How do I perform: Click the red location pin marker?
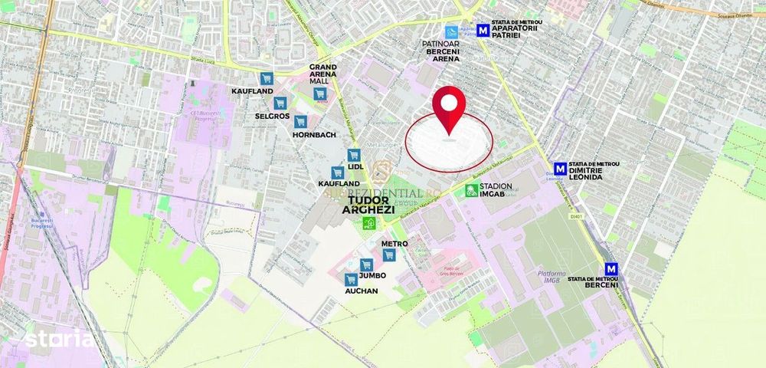coord(450,107)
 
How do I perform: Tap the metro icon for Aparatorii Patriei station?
coord(483,30)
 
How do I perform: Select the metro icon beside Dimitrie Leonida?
coord(561,169)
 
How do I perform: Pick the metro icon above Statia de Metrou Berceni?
coord(611,269)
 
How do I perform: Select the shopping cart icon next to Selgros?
coord(280,102)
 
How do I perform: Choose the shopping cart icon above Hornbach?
coord(300,121)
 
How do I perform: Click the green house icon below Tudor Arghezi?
coord(368,223)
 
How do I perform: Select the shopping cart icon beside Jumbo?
coord(366,264)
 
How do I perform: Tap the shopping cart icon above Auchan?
coord(351,279)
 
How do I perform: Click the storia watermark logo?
coord(60,338)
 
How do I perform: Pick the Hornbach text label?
coord(314,134)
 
